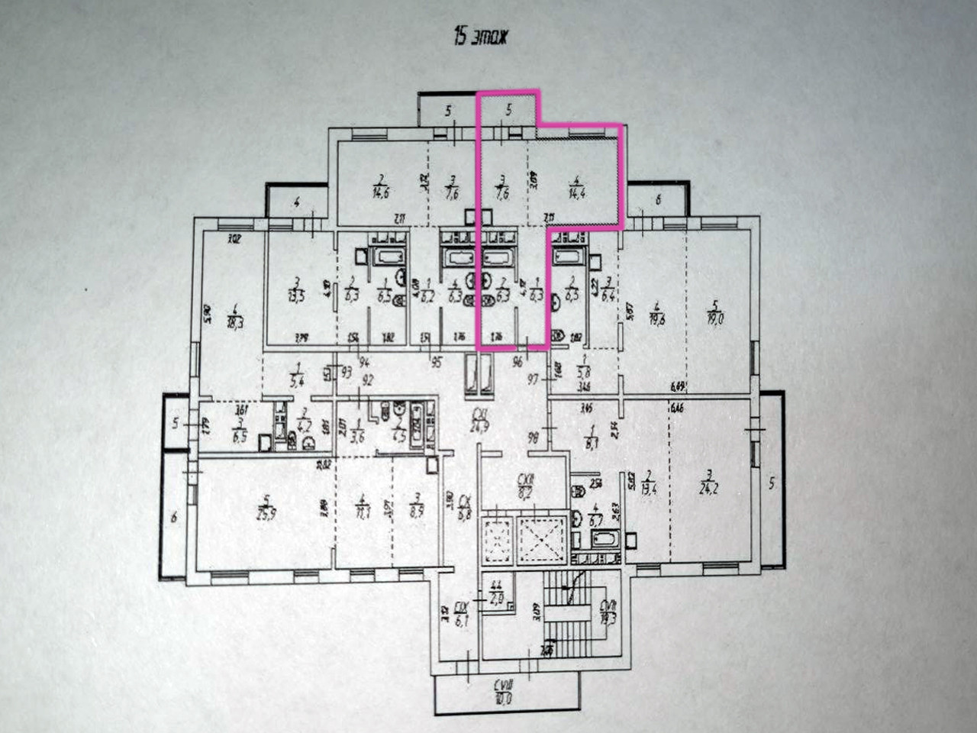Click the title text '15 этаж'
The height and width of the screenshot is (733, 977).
[480, 37]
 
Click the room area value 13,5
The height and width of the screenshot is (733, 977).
[297, 297]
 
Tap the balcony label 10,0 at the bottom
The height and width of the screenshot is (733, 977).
[502, 699]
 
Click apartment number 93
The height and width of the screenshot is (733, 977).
[347, 372]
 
